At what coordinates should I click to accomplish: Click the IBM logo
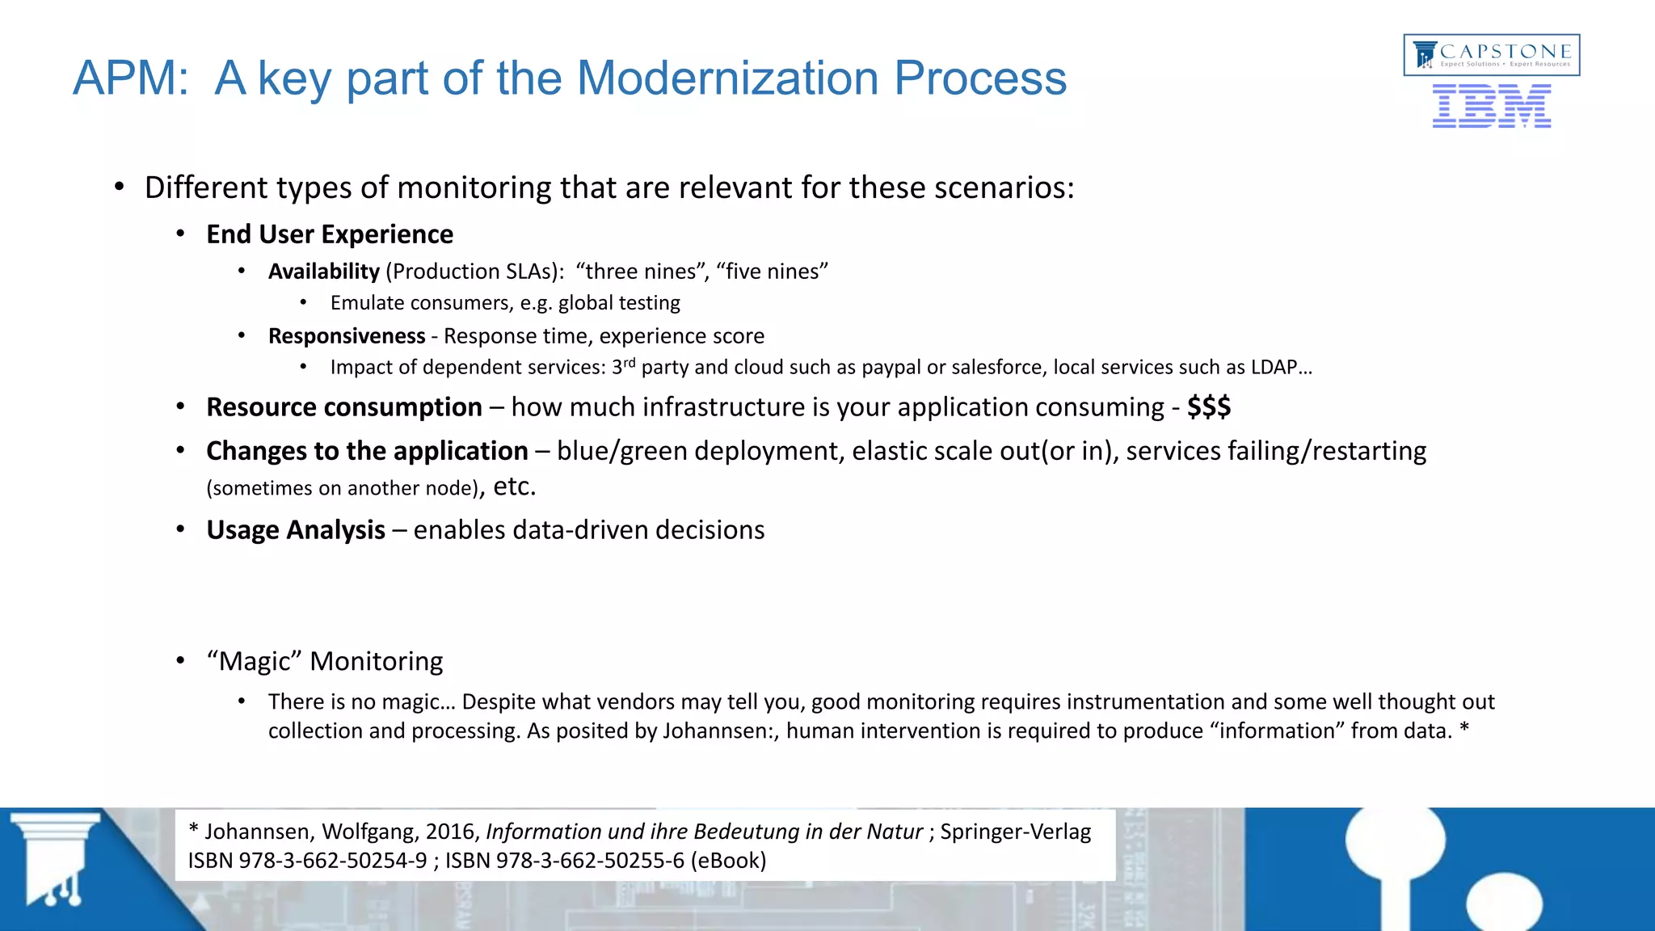(x=1491, y=107)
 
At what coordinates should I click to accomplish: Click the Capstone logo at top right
(x=1492, y=55)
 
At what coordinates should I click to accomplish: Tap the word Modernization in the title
(x=726, y=78)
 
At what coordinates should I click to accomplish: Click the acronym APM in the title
(x=129, y=78)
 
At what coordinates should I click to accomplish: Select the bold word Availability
(x=323, y=272)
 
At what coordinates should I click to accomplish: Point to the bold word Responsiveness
(x=346, y=336)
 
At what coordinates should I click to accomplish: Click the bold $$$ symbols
(x=1208, y=407)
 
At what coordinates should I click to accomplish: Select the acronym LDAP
(x=1274, y=368)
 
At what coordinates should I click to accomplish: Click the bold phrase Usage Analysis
(x=296, y=530)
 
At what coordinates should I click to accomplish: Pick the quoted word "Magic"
(x=254, y=661)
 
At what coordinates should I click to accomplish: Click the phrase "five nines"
(x=772, y=272)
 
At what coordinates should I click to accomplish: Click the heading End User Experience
(x=330, y=234)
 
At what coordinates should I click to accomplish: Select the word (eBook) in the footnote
(x=728, y=861)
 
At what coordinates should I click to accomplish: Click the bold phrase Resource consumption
(x=344, y=407)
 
